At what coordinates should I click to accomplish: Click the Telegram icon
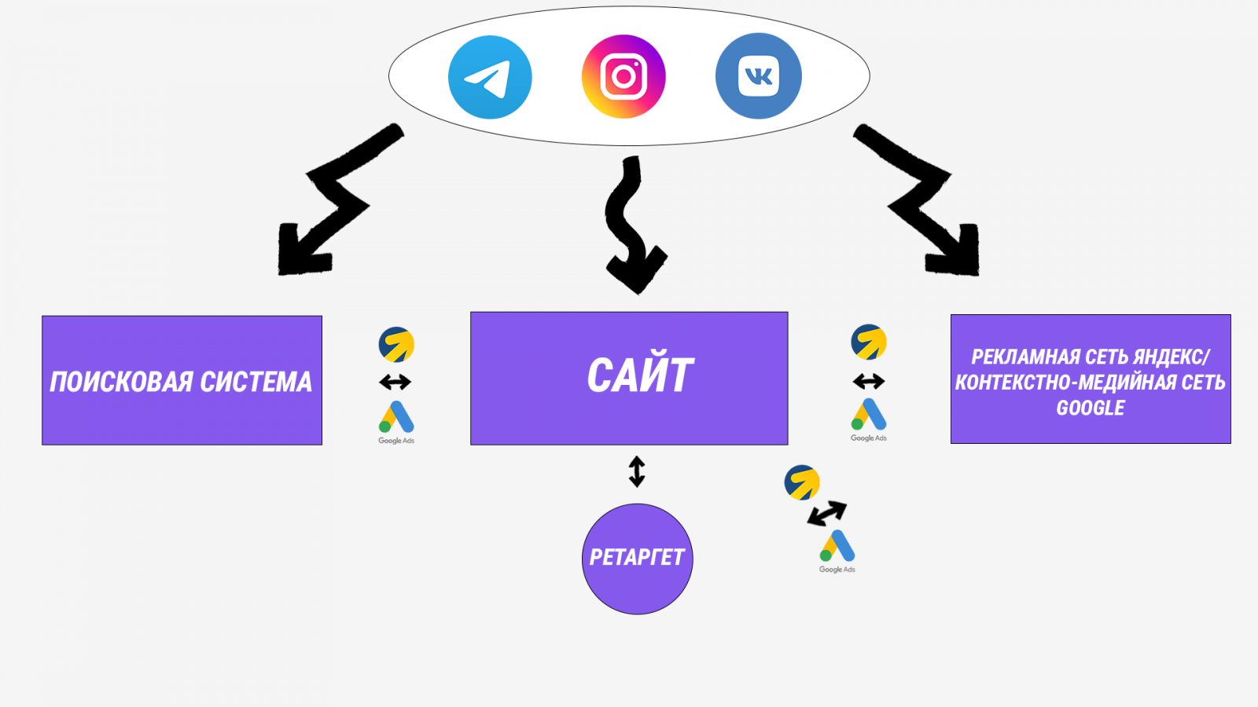(490, 77)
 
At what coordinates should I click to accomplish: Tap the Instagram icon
(623, 76)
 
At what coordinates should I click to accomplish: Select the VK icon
(758, 76)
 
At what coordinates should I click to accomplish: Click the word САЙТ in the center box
(640, 375)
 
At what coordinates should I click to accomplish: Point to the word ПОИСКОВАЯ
(121, 382)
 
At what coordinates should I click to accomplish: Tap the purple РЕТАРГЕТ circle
(637, 559)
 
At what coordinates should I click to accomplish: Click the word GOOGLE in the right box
(1091, 408)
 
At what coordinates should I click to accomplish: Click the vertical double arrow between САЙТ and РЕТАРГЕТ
(637, 471)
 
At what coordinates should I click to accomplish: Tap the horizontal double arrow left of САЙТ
(395, 383)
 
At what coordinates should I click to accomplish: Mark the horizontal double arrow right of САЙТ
(868, 382)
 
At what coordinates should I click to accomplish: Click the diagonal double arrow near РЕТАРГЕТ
(827, 514)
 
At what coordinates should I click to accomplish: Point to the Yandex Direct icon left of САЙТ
(396, 345)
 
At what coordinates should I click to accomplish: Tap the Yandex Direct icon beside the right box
(869, 342)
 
